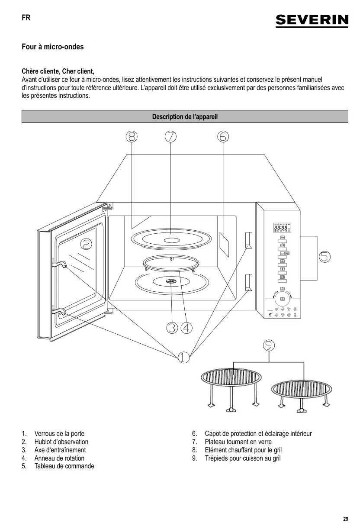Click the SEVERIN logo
(x=312, y=20)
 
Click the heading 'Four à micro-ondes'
(x=53, y=47)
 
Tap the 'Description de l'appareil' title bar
(x=185, y=117)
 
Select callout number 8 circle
(x=132, y=136)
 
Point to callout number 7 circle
(x=170, y=136)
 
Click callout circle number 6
(x=223, y=136)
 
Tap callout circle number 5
(x=324, y=257)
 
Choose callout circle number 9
(x=269, y=345)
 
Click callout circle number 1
(x=183, y=357)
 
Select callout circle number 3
(x=172, y=328)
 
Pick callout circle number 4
(x=186, y=328)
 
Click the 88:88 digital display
(x=281, y=228)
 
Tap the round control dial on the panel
(x=282, y=298)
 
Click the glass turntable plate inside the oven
(x=171, y=239)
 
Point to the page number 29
(x=345, y=519)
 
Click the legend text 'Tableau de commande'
(x=64, y=466)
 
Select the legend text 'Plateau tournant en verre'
(x=238, y=442)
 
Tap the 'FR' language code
(x=26, y=19)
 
